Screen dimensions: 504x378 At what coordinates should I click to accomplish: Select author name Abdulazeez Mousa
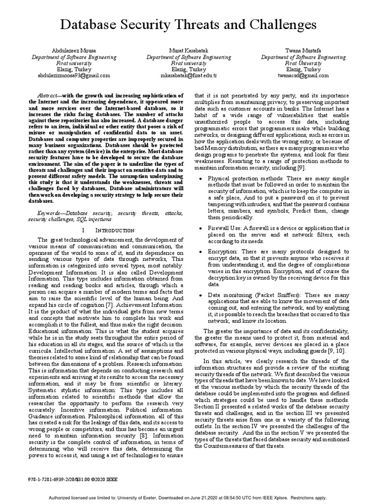74,51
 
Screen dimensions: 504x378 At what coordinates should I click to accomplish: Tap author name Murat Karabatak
189,51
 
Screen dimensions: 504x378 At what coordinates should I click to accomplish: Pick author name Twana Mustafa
303,51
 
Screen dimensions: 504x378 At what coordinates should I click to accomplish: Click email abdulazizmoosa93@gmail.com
74,76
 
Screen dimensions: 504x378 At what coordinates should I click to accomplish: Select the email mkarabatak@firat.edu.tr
189,76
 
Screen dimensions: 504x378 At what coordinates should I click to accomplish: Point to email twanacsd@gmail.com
303,76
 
